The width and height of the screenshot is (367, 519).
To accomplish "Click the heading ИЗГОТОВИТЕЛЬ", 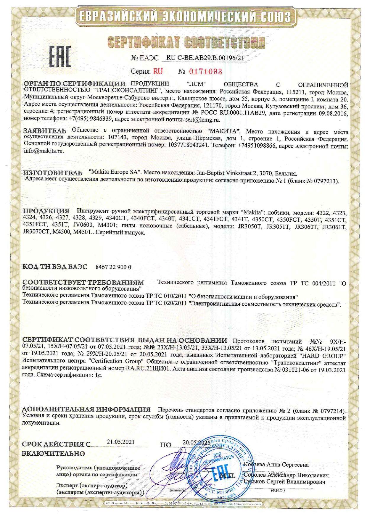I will coord(51,173).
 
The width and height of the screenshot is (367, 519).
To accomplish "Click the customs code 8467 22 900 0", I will coord(113,267).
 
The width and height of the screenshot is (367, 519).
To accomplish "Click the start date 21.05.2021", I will coord(120,442).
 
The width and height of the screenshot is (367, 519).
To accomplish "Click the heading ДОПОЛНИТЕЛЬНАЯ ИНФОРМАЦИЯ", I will coord(86,410).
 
